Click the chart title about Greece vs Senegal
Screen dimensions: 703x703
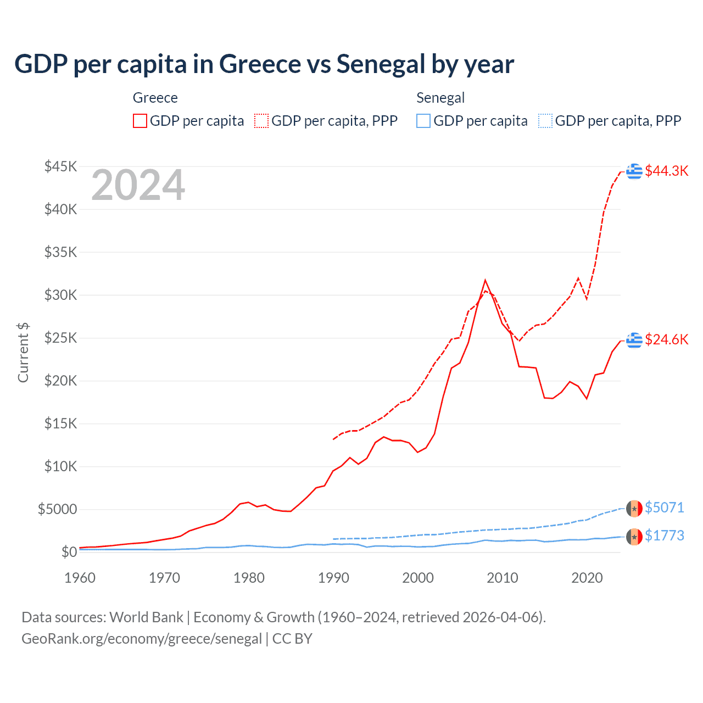coord(264,64)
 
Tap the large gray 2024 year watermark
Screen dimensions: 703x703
coord(138,186)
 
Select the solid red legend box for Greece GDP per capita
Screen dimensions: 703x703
coord(140,121)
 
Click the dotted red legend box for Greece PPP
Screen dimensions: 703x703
coord(261,121)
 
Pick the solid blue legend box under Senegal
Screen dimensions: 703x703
coord(423,121)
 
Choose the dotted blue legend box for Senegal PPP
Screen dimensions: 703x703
coord(545,121)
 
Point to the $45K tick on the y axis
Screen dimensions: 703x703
coord(61,166)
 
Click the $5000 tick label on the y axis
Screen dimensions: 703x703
coord(57,509)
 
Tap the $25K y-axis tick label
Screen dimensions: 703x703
coord(61,338)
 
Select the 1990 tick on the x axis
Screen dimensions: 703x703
coord(333,578)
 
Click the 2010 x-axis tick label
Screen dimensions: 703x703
coord(503,578)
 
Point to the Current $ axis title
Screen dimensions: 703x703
coord(23,353)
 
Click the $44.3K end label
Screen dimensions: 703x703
coord(666,171)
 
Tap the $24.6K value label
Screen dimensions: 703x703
coord(666,339)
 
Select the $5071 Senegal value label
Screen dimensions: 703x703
coord(664,507)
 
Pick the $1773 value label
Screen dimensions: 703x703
coord(664,535)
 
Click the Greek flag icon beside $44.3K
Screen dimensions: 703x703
coord(634,171)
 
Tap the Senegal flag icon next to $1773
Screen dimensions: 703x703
coord(634,537)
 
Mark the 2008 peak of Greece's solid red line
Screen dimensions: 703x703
coord(485,280)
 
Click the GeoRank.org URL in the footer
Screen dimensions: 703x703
coord(142,639)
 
